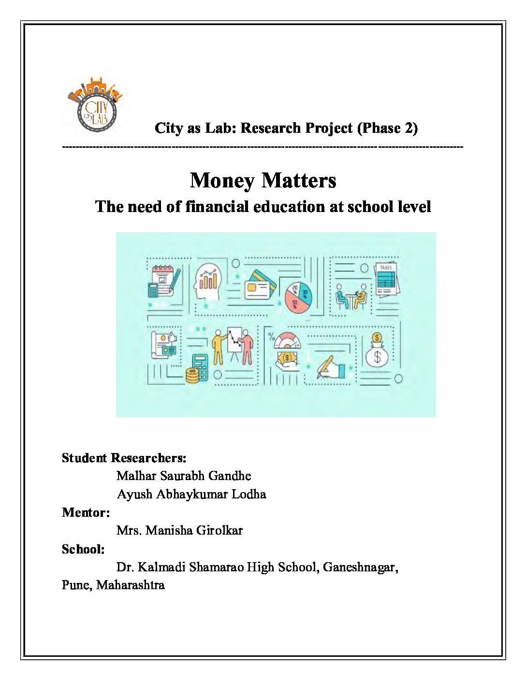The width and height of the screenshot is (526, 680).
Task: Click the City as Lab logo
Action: (x=96, y=105)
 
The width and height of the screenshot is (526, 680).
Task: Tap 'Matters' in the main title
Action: (x=299, y=181)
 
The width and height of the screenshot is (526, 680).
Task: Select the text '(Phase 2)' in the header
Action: (x=387, y=128)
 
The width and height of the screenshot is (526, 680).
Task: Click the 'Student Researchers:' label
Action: (x=124, y=458)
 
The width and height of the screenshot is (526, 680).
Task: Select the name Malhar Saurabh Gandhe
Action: (x=184, y=476)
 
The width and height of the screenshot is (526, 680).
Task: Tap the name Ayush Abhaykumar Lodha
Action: (x=191, y=495)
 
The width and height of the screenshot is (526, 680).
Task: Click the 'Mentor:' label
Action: (x=86, y=512)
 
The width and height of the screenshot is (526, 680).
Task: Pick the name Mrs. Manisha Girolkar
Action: (x=179, y=531)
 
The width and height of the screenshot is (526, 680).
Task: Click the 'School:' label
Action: (x=83, y=549)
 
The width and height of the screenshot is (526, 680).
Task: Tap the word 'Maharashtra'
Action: (x=130, y=585)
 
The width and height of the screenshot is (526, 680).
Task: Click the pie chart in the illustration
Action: (x=298, y=297)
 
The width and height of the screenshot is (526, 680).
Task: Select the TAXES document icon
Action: (x=386, y=280)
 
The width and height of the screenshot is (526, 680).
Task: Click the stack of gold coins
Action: (x=192, y=375)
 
